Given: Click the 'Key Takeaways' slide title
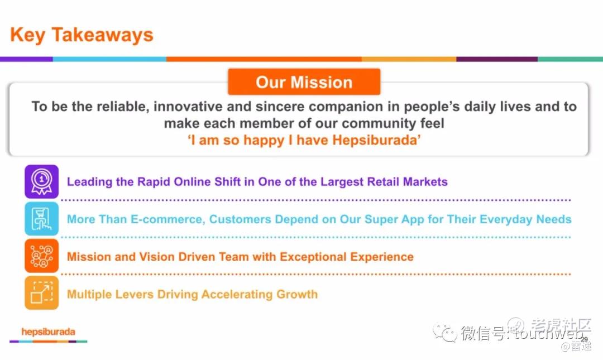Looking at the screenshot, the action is click(x=82, y=35).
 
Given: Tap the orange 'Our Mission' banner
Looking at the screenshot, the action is click(x=304, y=82).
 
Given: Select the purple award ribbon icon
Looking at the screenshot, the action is click(x=41, y=181).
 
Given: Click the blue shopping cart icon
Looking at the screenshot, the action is click(x=41, y=218).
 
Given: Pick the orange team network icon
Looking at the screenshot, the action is click(x=41, y=256).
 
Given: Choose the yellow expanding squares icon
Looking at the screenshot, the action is click(x=41, y=292).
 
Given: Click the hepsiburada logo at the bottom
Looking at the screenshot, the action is click(x=49, y=332).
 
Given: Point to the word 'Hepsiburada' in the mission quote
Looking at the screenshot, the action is click(x=375, y=140).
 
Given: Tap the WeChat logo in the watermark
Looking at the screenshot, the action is click(x=444, y=332).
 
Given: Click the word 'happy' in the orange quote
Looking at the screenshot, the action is click(x=264, y=141).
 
